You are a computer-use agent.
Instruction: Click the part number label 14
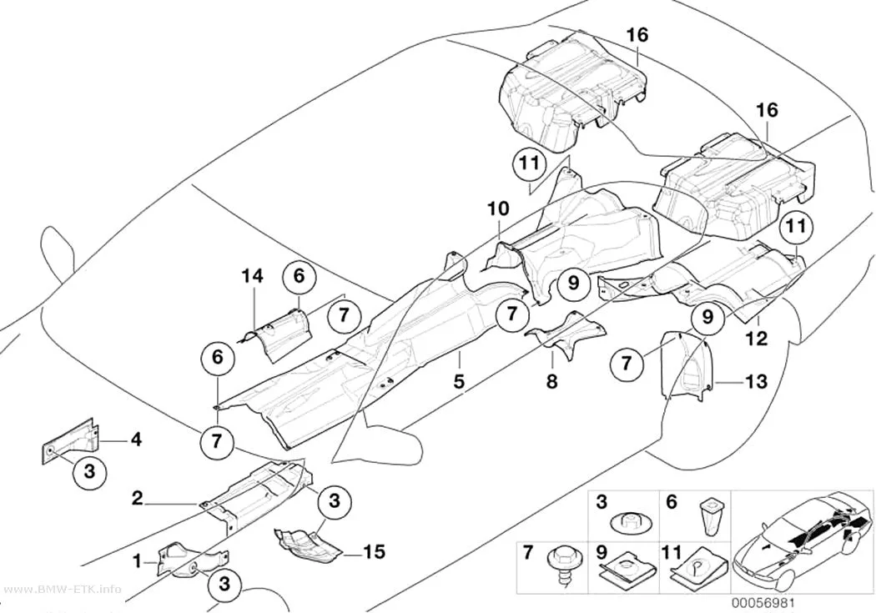point(253,275)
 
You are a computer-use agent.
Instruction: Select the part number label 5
point(459,381)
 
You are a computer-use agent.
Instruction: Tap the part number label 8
point(552,381)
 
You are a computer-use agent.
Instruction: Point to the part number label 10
point(498,209)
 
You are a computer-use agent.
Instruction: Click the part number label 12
point(757,338)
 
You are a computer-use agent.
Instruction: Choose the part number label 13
point(755,382)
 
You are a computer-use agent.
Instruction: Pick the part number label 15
point(374,551)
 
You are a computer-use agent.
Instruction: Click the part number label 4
point(136,440)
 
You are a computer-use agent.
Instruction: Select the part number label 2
point(138,497)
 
